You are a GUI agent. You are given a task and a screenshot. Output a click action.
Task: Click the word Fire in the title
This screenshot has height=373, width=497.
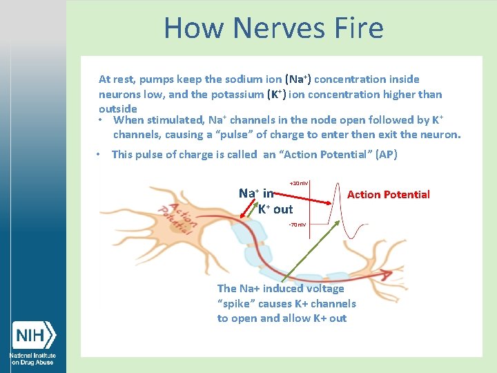coord(357,28)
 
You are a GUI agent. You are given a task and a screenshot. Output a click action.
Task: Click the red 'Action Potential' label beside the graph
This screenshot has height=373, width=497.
coord(388,195)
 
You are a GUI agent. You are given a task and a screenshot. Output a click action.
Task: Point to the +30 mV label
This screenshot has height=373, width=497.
coord(299,183)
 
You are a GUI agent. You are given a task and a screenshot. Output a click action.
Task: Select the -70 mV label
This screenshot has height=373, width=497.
coord(298,224)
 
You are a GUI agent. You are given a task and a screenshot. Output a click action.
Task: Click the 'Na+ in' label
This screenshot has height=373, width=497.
coord(256,194)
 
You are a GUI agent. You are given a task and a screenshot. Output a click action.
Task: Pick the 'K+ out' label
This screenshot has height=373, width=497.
coord(275,209)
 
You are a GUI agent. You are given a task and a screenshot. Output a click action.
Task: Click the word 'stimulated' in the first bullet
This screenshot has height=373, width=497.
coord(173,120)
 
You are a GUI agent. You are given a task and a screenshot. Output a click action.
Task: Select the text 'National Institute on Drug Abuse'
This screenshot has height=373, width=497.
coord(32,358)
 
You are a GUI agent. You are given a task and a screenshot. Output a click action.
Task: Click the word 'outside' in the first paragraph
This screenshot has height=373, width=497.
coord(118,108)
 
